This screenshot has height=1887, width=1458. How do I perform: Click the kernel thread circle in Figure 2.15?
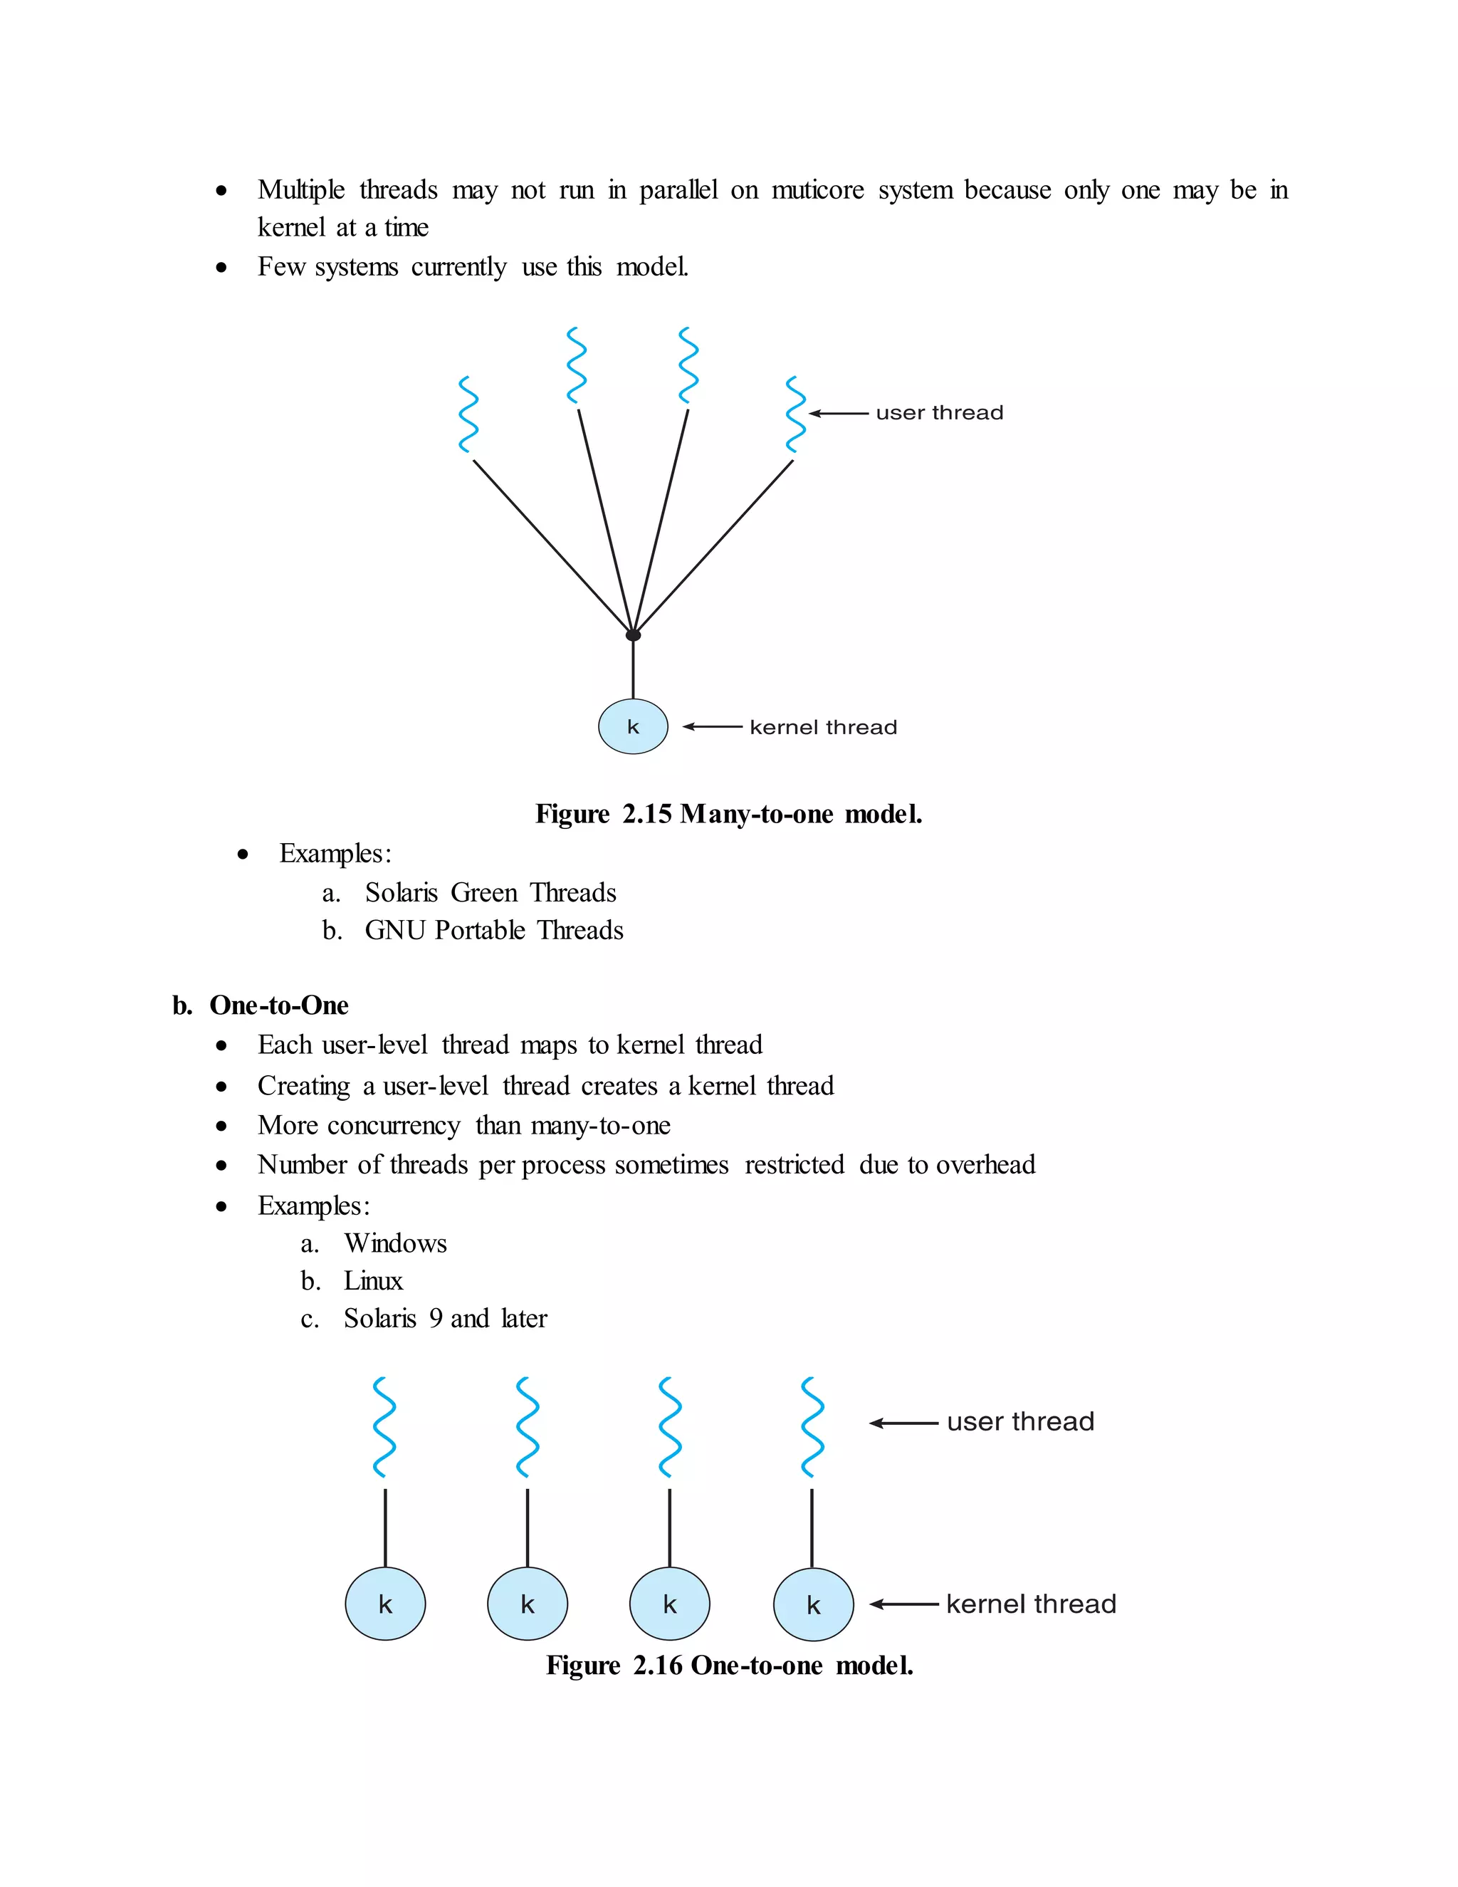point(633,726)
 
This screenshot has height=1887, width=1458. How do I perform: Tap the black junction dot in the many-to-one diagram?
point(633,635)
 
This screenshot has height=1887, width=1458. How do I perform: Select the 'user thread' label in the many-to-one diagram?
point(939,413)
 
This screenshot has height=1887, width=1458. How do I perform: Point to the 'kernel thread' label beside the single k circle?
point(823,728)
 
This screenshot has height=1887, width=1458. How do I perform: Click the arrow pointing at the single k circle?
point(713,726)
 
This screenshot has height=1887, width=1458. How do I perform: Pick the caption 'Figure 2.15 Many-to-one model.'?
point(728,814)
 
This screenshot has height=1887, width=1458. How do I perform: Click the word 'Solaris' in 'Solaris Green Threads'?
point(401,892)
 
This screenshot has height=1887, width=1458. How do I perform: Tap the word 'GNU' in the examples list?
point(396,931)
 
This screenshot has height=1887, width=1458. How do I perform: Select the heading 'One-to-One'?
point(278,1005)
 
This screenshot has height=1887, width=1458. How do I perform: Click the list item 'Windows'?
point(394,1243)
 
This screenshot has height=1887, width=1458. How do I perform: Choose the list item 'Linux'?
point(373,1280)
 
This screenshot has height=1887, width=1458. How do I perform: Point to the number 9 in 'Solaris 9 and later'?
point(436,1319)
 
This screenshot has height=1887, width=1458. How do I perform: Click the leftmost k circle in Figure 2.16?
point(385,1604)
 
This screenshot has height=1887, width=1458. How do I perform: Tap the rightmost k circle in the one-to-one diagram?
point(813,1604)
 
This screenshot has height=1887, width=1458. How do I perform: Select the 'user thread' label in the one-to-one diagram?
point(1020,1422)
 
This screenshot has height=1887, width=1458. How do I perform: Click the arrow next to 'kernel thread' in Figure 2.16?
point(903,1604)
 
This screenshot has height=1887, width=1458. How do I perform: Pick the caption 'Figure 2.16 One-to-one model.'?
point(729,1666)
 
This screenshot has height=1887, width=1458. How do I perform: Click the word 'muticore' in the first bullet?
point(817,190)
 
